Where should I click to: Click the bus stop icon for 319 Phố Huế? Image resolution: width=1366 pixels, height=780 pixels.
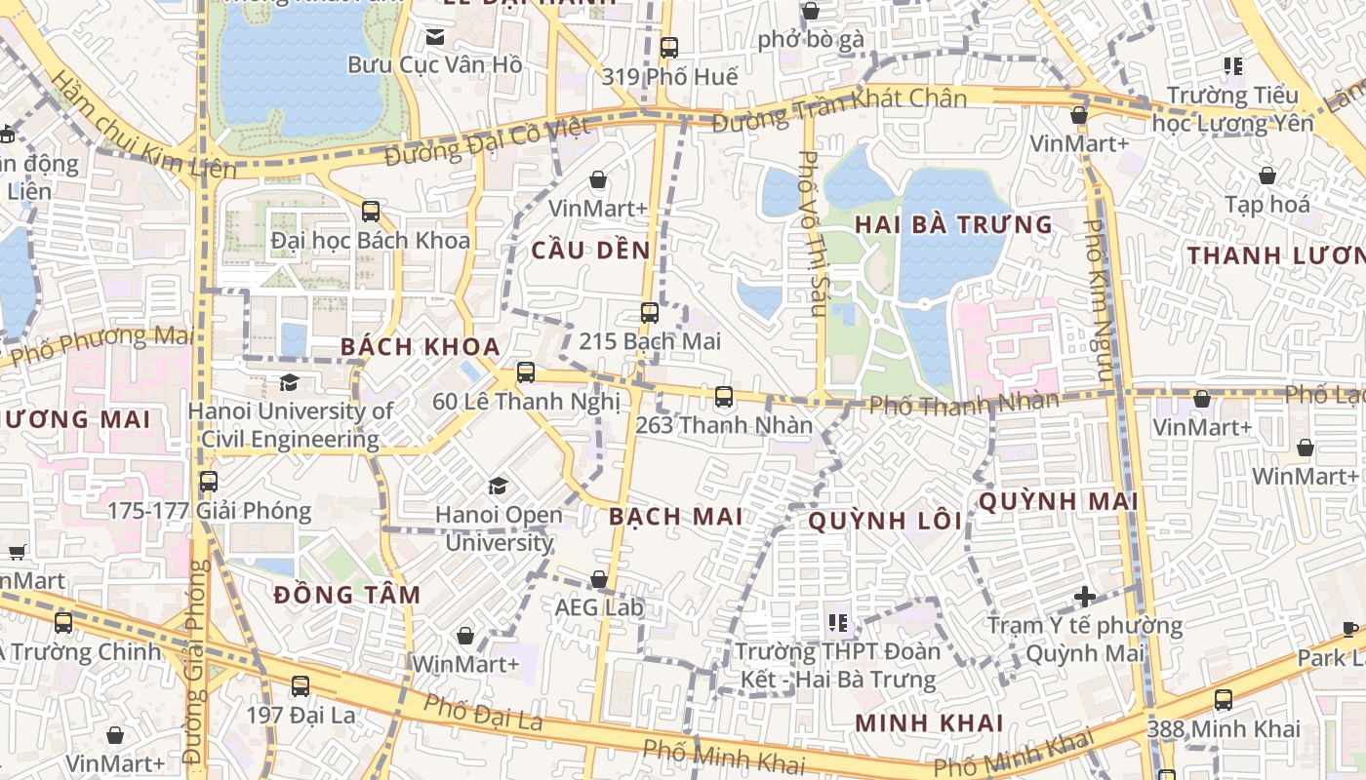(x=668, y=47)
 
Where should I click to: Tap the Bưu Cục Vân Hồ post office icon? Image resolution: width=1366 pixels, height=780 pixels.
(x=435, y=37)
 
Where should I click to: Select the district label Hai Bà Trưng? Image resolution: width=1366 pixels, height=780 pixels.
(x=953, y=224)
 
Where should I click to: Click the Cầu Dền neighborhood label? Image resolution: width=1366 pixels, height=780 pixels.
(x=590, y=251)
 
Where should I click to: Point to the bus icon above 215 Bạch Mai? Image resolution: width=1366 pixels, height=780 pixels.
(x=649, y=313)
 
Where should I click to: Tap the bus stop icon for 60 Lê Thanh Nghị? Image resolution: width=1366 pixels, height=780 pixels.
(x=526, y=371)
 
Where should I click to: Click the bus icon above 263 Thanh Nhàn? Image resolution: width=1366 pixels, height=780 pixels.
(x=723, y=397)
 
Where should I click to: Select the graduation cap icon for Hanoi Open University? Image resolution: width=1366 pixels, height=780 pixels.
(x=498, y=486)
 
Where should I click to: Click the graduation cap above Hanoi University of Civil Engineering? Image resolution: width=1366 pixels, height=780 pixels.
(x=289, y=382)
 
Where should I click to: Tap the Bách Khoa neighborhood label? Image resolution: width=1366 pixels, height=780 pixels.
(x=421, y=346)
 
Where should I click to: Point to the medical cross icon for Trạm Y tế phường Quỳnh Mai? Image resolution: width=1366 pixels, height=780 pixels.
(x=1084, y=596)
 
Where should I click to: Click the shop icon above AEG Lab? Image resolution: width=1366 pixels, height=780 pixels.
(x=599, y=580)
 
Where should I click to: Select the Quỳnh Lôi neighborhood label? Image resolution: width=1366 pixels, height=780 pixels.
(x=885, y=521)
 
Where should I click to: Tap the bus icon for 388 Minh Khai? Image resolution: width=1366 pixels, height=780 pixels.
(x=1223, y=699)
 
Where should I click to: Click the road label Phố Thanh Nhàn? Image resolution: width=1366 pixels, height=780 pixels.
(x=963, y=403)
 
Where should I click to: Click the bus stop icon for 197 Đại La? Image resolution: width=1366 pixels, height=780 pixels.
(x=301, y=685)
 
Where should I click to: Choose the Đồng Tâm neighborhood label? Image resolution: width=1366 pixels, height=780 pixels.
(x=347, y=595)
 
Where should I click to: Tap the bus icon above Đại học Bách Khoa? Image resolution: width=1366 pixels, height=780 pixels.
(x=370, y=211)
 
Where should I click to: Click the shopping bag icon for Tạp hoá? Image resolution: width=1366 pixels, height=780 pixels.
(x=1266, y=176)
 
